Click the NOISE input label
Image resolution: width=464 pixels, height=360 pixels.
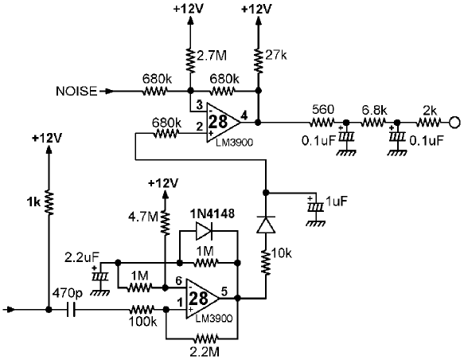pyautogui.click(x=76, y=91)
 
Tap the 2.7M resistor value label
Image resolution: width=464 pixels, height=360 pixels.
pyautogui.click(x=211, y=56)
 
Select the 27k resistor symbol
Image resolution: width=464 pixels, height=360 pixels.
pyautogui.click(x=259, y=61)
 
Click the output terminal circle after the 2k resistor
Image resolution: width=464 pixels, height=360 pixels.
pyautogui.click(x=454, y=122)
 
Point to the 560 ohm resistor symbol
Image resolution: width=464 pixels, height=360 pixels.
pyautogui.click(x=322, y=122)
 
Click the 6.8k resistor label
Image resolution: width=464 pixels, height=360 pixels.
pyautogui.click(x=374, y=111)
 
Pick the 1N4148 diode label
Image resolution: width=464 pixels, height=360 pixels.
pyautogui.click(x=213, y=213)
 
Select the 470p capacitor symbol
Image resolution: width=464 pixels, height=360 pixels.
pyautogui.click(x=71, y=310)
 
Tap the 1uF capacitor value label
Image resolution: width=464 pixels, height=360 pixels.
pyautogui.click(x=336, y=201)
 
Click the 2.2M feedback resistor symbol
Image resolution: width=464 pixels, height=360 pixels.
pyautogui.click(x=205, y=338)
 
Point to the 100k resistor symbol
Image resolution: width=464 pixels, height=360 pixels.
pyautogui.click(x=142, y=310)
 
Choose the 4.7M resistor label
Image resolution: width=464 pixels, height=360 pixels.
pyautogui.click(x=143, y=217)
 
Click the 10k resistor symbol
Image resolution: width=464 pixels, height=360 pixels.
pyautogui.click(x=266, y=263)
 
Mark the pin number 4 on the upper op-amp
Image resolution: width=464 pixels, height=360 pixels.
pyautogui.click(x=244, y=115)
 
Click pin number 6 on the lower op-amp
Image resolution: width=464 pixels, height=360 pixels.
pyautogui.click(x=179, y=280)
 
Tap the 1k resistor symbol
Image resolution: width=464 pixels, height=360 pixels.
pyautogui.click(x=49, y=203)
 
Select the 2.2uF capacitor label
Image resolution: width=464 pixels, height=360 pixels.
pyautogui.click(x=82, y=257)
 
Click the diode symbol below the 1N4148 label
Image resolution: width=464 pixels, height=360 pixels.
pyautogui.click(x=205, y=231)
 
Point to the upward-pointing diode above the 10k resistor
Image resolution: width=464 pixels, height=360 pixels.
pyautogui.click(x=266, y=225)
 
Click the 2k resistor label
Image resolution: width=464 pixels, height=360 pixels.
pyautogui.click(x=430, y=111)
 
